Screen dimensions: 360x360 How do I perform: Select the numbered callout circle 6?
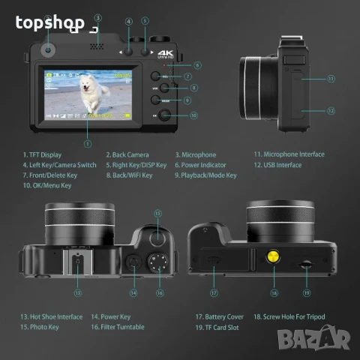point(196,65)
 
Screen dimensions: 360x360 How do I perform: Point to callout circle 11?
point(330,77)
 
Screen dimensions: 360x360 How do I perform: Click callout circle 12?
point(330,110)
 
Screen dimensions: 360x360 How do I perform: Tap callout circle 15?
point(157,213)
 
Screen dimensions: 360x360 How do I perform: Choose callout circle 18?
point(274,293)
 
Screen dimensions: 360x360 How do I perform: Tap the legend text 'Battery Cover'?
point(223,317)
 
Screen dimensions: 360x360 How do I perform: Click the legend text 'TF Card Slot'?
point(222,327)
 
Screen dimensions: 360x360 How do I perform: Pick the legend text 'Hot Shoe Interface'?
point(54,317)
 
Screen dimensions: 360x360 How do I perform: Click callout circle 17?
point(214,293)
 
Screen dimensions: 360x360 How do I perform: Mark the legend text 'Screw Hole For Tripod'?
point(292,317)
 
